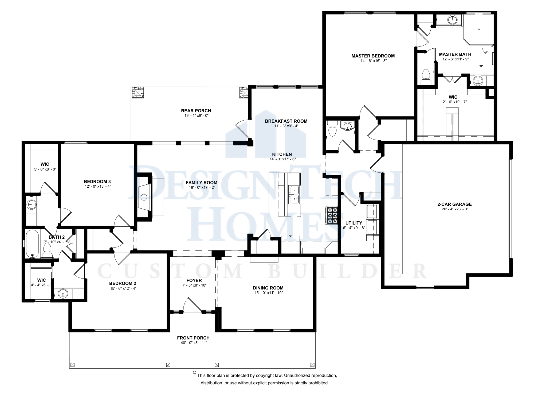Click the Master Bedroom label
[x=373, y=56]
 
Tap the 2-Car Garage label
[x=454, y=204]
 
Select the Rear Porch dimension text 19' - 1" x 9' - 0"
[x=196, y=116]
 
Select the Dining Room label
[x=268, y=288]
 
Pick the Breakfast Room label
[x=286, y=121]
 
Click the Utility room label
[x=354, y=223]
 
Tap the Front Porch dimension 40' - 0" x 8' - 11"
[x=194, y=343]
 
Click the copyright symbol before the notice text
[x=194, y=373]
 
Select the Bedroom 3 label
[x=97, y=181]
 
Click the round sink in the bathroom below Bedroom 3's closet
[x=32, y=205]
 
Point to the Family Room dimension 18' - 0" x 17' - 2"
[x=202, y=187]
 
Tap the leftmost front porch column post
[x=72, y=365]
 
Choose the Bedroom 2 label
[x=123, y=283]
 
